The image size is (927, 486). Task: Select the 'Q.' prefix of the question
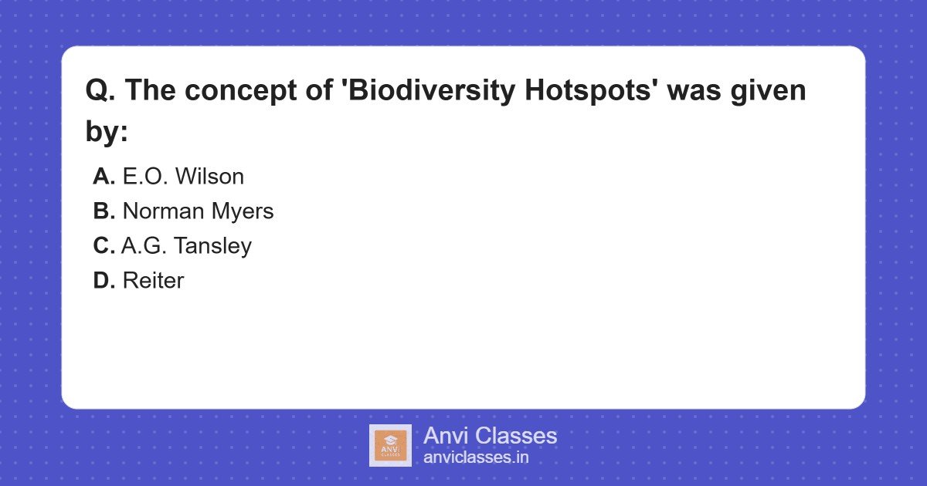coord(100,91)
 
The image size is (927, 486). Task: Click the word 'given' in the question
coord(769,91)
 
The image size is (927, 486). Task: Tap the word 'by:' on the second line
coord(106,132)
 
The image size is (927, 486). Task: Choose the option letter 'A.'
coord(104,177)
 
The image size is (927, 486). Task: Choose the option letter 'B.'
coord(104,211)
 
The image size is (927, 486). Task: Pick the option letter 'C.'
coord(104,246)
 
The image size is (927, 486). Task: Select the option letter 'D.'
coord(104,281)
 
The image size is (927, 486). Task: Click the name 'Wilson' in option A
coord(209,177)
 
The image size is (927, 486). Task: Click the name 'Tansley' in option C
coord(212,246)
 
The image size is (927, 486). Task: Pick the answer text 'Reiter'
coord(153,281)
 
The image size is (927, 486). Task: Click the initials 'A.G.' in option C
coord(144,246)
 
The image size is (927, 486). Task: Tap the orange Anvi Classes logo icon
coord(390,445)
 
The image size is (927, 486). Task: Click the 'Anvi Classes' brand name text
coord(490,436)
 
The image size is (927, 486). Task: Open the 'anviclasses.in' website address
coord(476,457)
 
